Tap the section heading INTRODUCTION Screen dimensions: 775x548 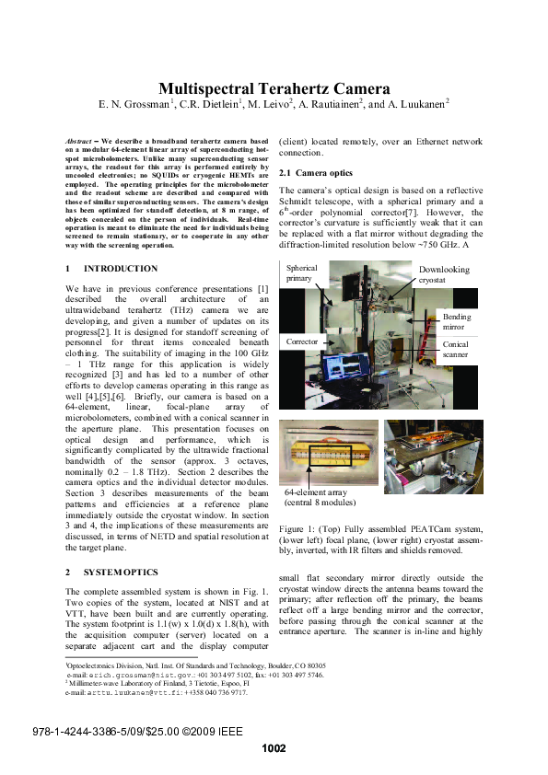[121, 269]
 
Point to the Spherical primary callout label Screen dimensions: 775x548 [301, 272]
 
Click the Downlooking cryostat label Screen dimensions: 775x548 [444, 275]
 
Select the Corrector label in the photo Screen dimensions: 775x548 [302, 341]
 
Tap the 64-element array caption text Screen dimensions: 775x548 [321, 497]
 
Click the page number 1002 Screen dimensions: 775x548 [274, 748]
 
